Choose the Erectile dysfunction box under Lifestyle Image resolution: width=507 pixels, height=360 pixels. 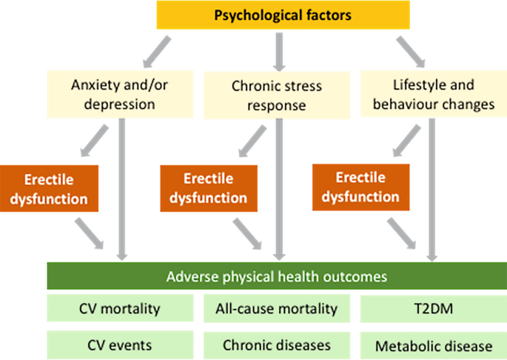pos(362,188)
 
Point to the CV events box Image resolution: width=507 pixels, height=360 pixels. pos(119,344)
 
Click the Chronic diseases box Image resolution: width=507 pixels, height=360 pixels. pos(277,344)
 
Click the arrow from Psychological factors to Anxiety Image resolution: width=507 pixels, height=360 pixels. pos(161,50)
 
